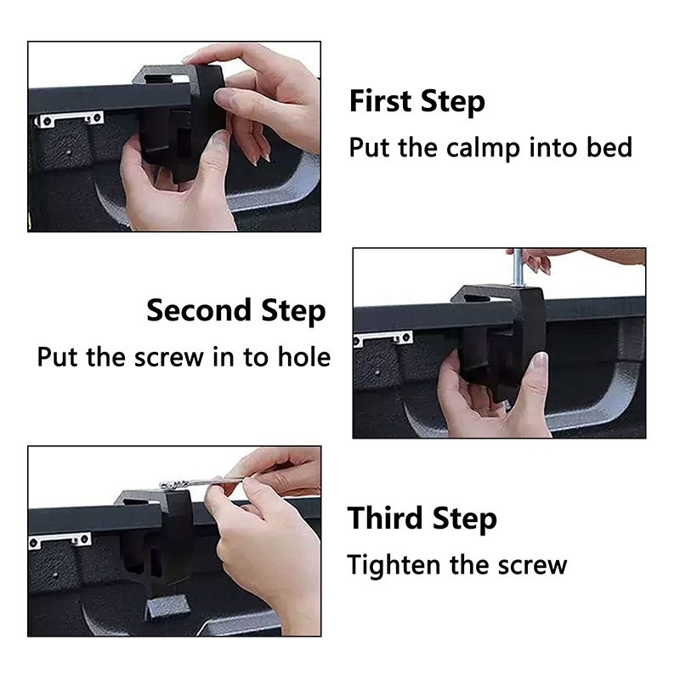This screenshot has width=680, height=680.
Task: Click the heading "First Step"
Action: (416, 102)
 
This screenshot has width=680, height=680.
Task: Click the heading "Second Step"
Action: (236, 311)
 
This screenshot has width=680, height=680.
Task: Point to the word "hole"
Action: (304, 357)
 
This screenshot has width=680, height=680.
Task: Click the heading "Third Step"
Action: (422, 519)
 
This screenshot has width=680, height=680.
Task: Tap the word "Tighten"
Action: (394, 566)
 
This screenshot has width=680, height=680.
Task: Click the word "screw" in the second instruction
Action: (169, 358)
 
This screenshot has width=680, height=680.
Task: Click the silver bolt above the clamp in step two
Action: (518, 268)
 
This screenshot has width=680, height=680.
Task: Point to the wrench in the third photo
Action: (201, 482)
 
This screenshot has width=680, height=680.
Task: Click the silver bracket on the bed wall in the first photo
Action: (70, 119)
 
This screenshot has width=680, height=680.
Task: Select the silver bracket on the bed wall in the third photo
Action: (59, 541)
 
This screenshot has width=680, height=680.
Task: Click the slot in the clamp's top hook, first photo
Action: (166, 78)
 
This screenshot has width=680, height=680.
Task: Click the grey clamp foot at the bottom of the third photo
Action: (167, 606)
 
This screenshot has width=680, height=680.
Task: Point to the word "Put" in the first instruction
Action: (370, 147)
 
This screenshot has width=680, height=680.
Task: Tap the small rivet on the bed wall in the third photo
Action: (55, 575)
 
